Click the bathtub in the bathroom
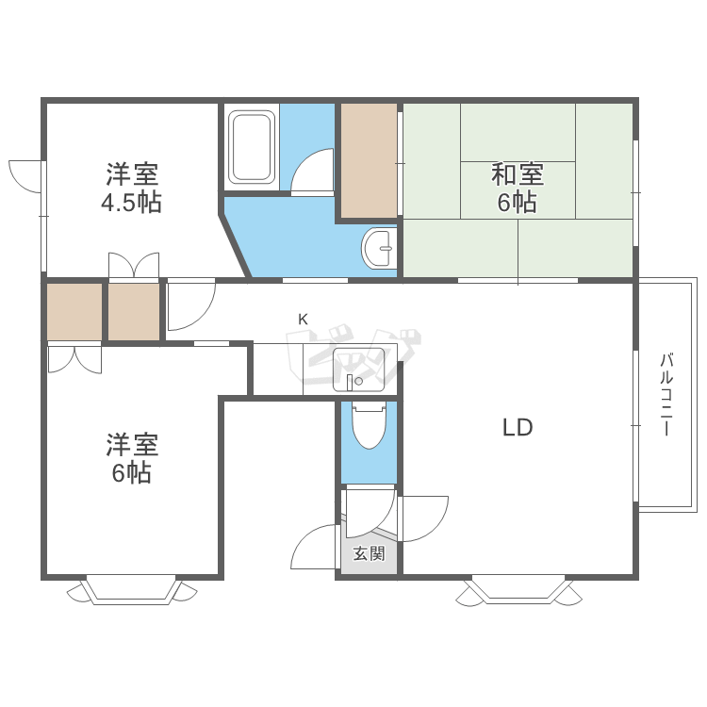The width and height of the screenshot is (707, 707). pyautogui.click(x=252, y=147)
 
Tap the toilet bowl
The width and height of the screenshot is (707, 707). pyautogui.click(x=370, y=426)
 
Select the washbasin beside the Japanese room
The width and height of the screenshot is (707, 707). pyautogui.click(x=379, y=248)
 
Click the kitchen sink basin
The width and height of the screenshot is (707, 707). pyautogui.click(x=358, y=370)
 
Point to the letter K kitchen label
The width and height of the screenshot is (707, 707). pyautogui.click(x=303, y=320)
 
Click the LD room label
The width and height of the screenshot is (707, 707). pyautogui.click(x=518, y=427)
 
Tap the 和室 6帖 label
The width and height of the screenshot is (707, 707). pyautogui.click(x=518, y=188)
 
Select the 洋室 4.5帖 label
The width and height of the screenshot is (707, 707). pyautogui.click(x=131, y=188)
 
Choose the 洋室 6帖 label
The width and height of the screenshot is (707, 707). pyautogui.click(x=132, y=458)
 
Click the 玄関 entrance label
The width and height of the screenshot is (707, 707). pyautogui.click(x=369, y=553)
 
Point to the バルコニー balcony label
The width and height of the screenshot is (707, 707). pyautogui.click(x=666, y=395)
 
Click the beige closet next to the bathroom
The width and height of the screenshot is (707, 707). pyautogui.click(x=369, y=160)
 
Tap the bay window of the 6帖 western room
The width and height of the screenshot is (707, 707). pyautogui.click(x=132, y=589)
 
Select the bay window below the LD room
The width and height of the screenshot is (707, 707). pyautogui.click(x=518, y=589)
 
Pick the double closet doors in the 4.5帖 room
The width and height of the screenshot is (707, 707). pyautogui.click(x=134, y=265)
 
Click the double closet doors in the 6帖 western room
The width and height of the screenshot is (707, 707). pyautogui.click(x=74, y=359)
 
